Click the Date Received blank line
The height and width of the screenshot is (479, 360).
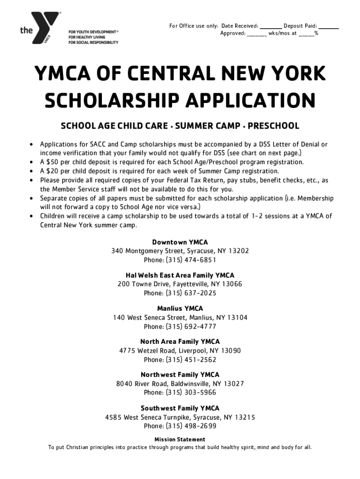[x=271, y=27]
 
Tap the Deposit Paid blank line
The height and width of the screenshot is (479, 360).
[x=329, y=27]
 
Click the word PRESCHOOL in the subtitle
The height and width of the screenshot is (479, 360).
[x=274, y=126]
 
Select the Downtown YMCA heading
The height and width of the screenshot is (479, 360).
[x=180, y=242]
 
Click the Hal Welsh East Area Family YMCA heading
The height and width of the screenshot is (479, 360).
[x=180, y=276]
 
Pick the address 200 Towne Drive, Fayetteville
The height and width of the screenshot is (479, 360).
[x=180, y=284]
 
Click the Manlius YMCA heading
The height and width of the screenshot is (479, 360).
[x=180, y=309]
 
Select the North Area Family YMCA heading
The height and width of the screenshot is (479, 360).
[x=180, y=342]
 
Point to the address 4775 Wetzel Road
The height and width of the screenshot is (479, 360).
[x=180, y=350]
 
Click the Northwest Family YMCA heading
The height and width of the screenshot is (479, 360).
[x=180, y=375]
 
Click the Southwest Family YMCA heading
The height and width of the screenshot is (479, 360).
[x=180, y=408]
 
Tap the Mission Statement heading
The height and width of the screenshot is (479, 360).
[x=180, y=440]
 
